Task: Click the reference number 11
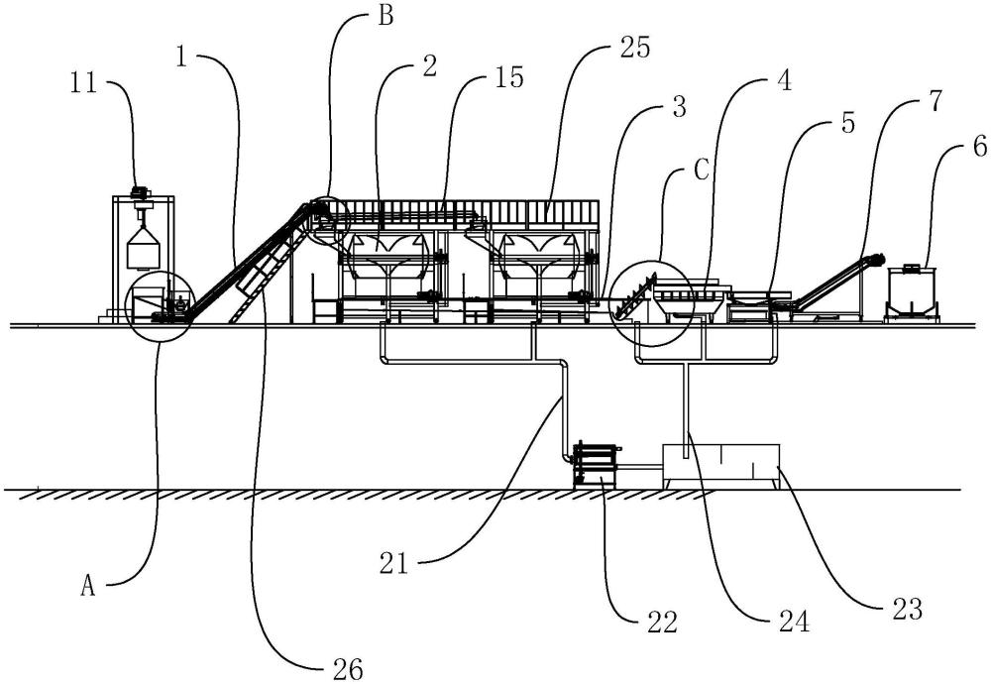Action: [x=83, y=83]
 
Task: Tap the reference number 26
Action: [x=348, y=669]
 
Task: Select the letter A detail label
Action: [x=88, y=587]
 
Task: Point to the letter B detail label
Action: [x=385, y=15]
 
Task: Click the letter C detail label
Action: [x=702, y=170]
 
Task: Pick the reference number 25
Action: [x=634, y=48]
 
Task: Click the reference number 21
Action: [x=393, y=563]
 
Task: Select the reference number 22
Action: [x=662, y=622]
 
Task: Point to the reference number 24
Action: [x=794, y=622]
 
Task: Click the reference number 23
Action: [x=908, y=609]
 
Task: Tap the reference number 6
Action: [x=979, y=147]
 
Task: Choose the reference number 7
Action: [x=936, y=100]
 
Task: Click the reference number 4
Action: [x=784, y=81]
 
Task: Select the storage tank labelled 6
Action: [x=911, y=291]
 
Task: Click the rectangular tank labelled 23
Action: [x=720, y=466]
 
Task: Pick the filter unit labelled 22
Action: [x=595, y=466]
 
